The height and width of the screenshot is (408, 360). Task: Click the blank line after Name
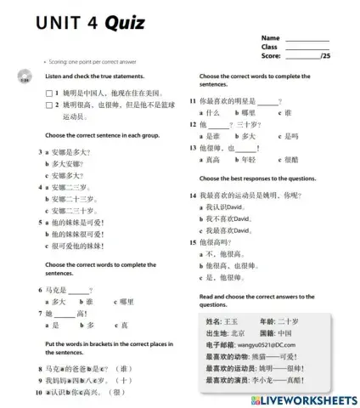click(x=307, y=39)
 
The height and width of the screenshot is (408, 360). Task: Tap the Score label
click(x=271, y=56)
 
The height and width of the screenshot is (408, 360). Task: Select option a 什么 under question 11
click(x=211, y=113)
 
